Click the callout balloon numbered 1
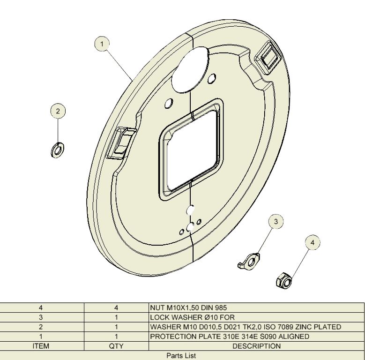(102, 44)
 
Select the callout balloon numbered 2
(58, 111)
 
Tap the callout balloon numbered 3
(276, 221)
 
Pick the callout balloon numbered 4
(313, 242)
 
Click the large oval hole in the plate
(190, 69)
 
